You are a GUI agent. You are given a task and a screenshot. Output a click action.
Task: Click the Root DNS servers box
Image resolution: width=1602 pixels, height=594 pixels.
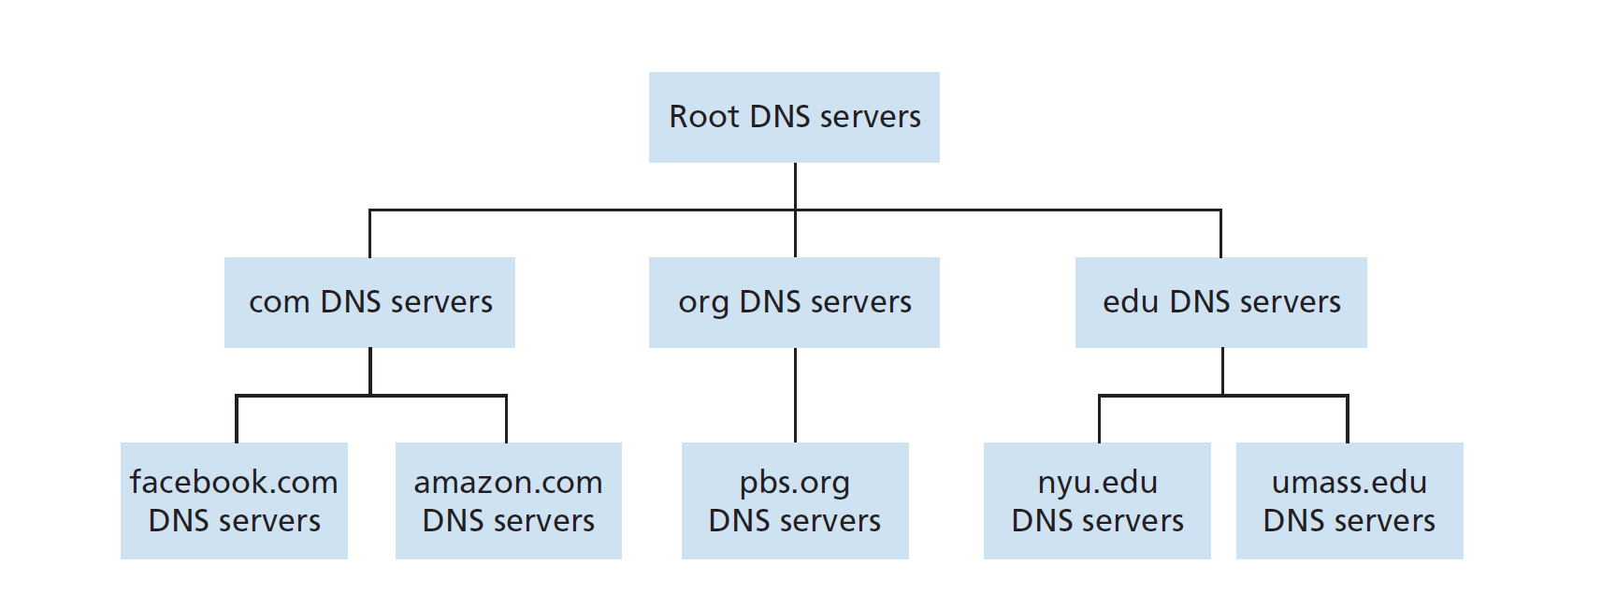click(x=794, y=117)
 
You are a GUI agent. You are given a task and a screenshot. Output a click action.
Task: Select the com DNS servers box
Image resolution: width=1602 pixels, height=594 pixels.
click(x=369, y=302)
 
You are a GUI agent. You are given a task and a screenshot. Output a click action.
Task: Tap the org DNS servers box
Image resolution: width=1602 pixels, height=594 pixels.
click(x=794, y=302)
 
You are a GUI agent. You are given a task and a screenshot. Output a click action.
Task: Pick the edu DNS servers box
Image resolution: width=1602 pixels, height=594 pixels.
click(x=1220, y=302)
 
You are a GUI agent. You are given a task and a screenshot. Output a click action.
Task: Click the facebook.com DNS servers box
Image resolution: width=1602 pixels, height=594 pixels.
click(x=234, y=500)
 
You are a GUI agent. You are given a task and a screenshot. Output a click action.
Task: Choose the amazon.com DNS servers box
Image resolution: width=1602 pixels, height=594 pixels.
click(x=508, y=500)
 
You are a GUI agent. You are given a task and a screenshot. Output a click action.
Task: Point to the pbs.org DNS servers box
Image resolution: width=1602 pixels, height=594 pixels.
click(x=795, y=500)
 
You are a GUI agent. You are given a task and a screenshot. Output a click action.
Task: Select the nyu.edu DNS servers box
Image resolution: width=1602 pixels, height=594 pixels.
click(x=1097, y=500)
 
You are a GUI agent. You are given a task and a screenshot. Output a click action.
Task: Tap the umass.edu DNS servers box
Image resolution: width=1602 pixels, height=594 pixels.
click(x=1349, y=500)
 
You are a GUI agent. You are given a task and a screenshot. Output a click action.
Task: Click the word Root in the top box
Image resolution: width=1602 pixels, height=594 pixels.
click(x=703, y=117)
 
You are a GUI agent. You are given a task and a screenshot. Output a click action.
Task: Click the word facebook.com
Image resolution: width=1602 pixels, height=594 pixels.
click(x=234, y=483)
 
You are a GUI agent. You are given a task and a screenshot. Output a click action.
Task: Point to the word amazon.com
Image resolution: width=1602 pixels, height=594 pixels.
click(x=508, y=483)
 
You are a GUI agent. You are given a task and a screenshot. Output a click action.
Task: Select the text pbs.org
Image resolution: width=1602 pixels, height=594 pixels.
click(x=795, y=484)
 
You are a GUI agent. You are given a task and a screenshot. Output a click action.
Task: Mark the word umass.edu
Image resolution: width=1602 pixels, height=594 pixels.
click(x=1349, y=483)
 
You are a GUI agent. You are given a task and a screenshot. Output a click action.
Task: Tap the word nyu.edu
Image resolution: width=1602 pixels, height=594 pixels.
click(x=1097, y=484)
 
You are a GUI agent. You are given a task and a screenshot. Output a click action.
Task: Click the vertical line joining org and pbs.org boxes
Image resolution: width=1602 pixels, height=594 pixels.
click(x=795, y=395)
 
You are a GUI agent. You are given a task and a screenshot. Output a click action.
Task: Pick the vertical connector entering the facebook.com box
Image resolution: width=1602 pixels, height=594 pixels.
click(x=237, y=421)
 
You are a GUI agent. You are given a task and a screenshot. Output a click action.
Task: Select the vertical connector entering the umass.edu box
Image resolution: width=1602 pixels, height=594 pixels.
click(x=1348, y=421)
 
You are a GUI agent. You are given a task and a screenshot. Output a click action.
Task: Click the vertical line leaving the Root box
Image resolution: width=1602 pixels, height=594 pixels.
click(x=795, y=185)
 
